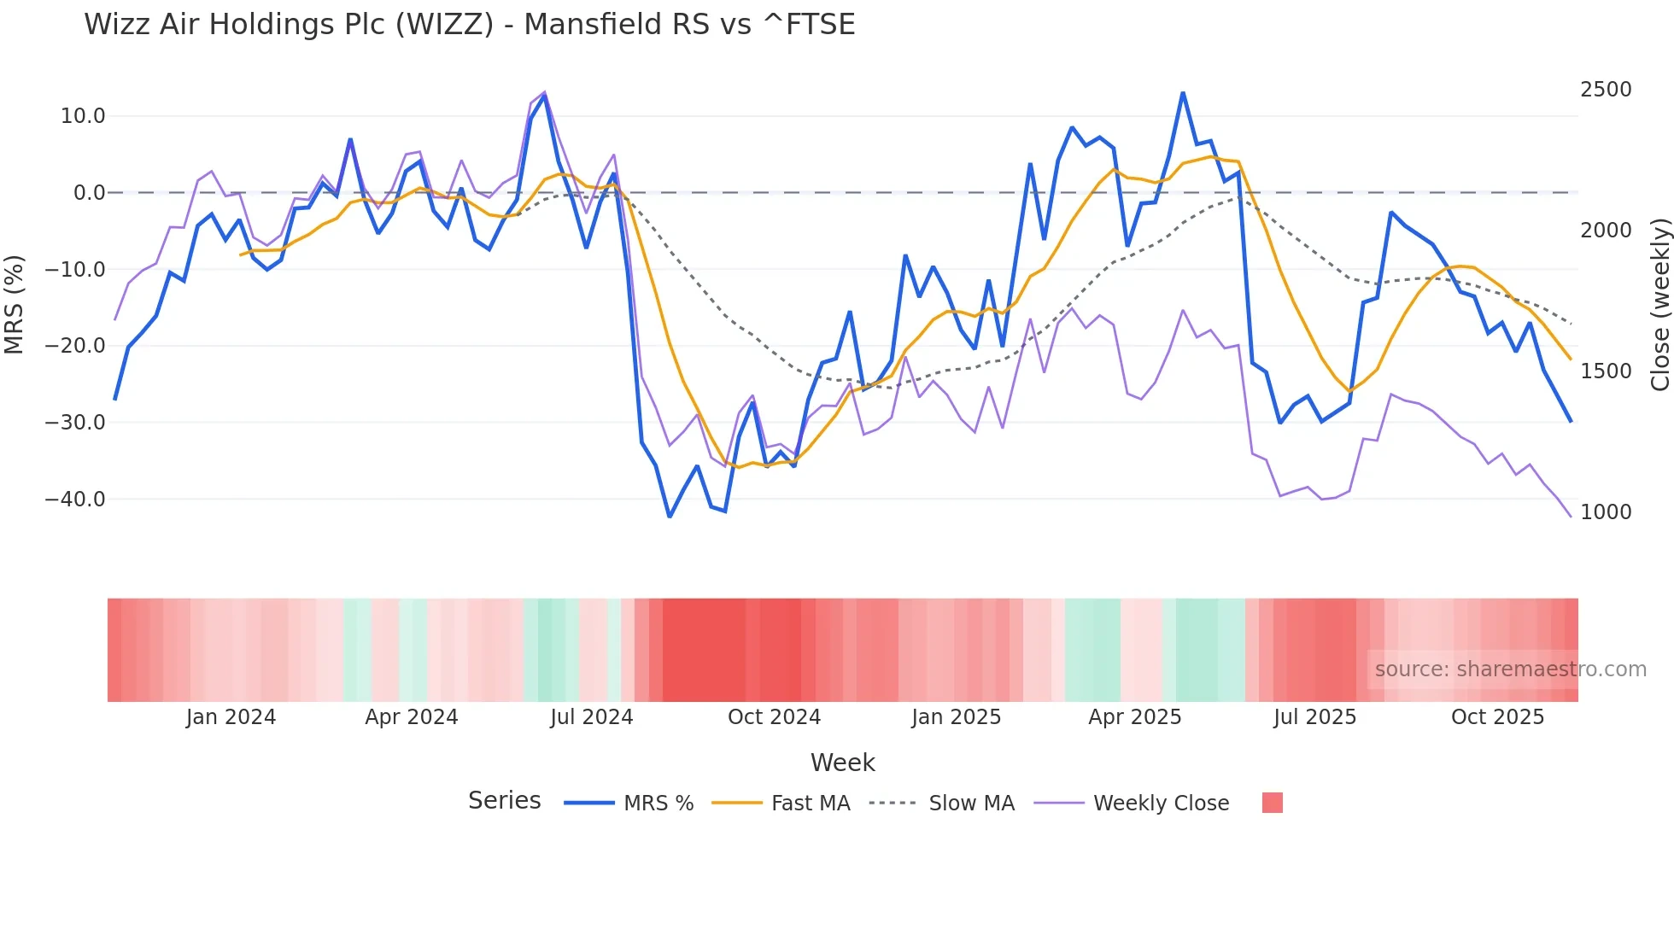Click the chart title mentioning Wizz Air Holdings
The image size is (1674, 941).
469,25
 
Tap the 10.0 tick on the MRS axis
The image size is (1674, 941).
83,116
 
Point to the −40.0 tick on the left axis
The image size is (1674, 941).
75,500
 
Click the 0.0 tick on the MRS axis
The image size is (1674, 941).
89,193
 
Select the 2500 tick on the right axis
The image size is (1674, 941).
1605,90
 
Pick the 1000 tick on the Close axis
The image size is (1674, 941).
1605,512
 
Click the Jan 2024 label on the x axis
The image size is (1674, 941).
231,717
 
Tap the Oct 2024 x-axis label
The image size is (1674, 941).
774,717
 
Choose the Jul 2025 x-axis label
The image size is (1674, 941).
1314,717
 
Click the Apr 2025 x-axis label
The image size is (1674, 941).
1134,717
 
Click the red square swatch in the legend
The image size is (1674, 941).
1272,803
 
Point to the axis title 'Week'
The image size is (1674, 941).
842,763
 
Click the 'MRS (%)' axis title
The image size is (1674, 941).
15,305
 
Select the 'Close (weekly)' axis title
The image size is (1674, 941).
1659,305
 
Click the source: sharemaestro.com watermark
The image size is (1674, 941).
1510,669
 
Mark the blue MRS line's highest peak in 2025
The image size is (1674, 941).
1183,92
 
